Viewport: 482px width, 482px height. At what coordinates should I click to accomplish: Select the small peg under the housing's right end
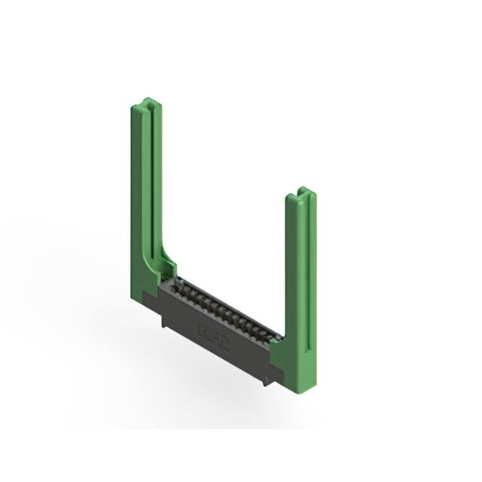tap(264, 380)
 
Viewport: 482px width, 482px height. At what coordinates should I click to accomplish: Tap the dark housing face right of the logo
tap(245, 351)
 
